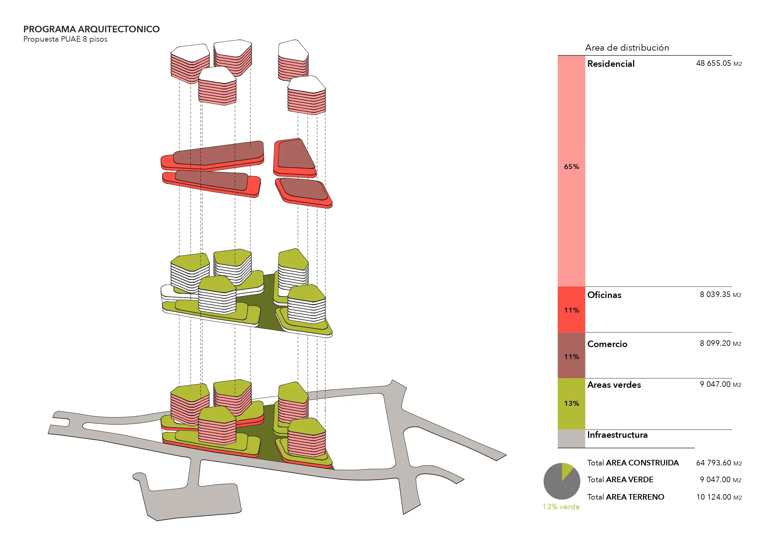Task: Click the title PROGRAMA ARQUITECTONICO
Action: pos(91,29)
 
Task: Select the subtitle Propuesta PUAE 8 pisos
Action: pos(65,39)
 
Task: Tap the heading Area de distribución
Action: pos(626,48)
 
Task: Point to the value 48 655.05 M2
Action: pos(718,63)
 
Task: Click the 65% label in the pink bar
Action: pos(571,167)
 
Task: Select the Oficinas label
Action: pos(604,295)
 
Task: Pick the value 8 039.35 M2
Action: pos(720,295)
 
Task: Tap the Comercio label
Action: pos(607,344)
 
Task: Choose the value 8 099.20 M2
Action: pos(720,343)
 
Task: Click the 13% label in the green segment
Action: pos(571,403)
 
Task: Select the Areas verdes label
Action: pos(614,385)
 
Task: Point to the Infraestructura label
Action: pos(617,435)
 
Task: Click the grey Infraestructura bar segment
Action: pos(571,438)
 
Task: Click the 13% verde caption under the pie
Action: pos(561,507)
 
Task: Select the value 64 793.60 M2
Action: pos(718,463)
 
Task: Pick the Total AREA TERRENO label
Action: pos(625,497)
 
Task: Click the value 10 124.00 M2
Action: pos(718,497)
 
